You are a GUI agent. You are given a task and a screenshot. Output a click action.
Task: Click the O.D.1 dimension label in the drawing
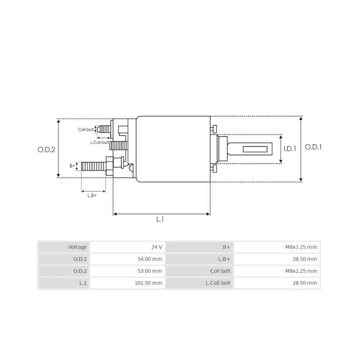click(x=314, y=147)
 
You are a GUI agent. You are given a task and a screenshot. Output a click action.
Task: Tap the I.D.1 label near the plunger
click(x=290, y=148)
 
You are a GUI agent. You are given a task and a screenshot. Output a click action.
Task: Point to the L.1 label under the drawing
click(x=160, y=220)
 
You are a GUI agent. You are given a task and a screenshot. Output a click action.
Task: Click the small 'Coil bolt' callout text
click(x=86, y=130)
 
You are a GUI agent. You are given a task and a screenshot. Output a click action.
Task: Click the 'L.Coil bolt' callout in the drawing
click(x=99, y=142)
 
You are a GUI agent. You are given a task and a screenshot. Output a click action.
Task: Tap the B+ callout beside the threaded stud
click(x=72, y=166)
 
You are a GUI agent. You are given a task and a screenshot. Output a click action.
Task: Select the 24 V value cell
click(x=156, y=247)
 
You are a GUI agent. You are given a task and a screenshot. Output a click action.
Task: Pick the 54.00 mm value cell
click(x=150, y=259)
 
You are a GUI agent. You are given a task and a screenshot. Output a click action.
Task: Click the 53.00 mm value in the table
click(x=150, y=271)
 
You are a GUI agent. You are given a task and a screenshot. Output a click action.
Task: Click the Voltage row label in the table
click(x=77, y=247)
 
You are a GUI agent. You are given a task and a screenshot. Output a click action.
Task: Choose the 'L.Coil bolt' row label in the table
click(x=218, y=283)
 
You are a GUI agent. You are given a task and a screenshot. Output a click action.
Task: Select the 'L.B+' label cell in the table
click(x=224, y=259)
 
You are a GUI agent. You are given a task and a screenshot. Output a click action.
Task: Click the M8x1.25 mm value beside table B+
click(x=301, y=247)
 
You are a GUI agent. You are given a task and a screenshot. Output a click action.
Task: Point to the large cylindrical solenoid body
click(x=173, y=148)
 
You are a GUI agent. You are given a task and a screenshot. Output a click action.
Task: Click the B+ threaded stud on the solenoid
click(x=92, y=166)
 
